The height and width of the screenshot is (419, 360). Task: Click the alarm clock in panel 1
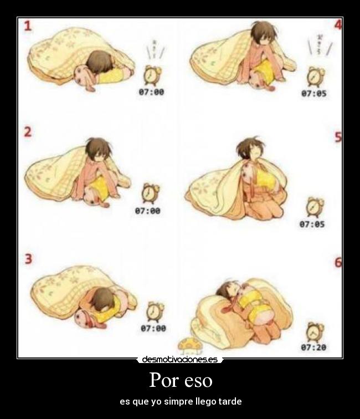coord(151,74)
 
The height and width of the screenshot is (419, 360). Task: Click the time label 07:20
coord(313,348)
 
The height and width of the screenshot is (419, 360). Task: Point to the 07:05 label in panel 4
coord(313,93)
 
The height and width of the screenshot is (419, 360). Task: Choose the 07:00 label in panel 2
coord(148,211)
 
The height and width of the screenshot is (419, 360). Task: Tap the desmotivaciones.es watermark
coord(179,360)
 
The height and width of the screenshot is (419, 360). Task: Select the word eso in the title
coord(198,382)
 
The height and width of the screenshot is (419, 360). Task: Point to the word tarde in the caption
coord(230,401)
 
